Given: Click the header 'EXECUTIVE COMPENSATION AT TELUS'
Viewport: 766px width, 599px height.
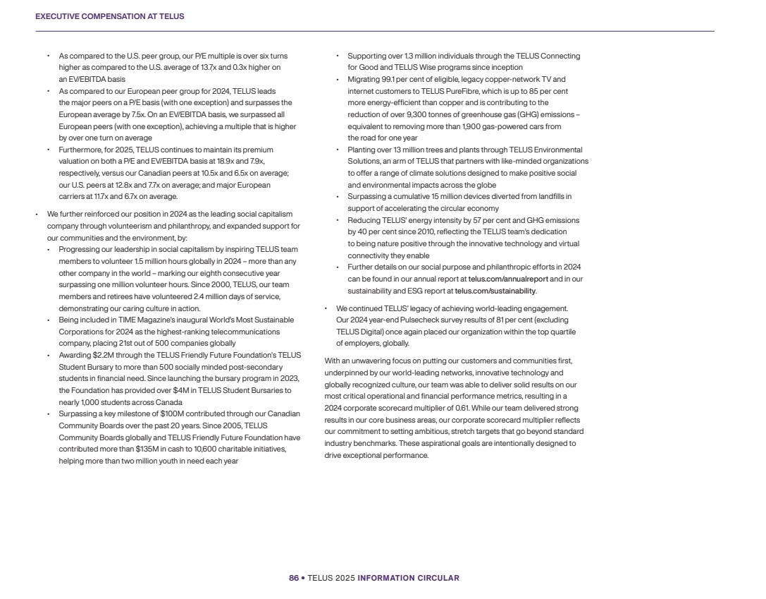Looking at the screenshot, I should click(110, 16).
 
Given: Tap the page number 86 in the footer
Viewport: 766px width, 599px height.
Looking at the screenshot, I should click(293, 578).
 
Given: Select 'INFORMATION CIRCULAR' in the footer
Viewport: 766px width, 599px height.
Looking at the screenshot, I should click(408, 578).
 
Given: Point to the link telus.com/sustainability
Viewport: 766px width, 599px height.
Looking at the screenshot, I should click(495, 291).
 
